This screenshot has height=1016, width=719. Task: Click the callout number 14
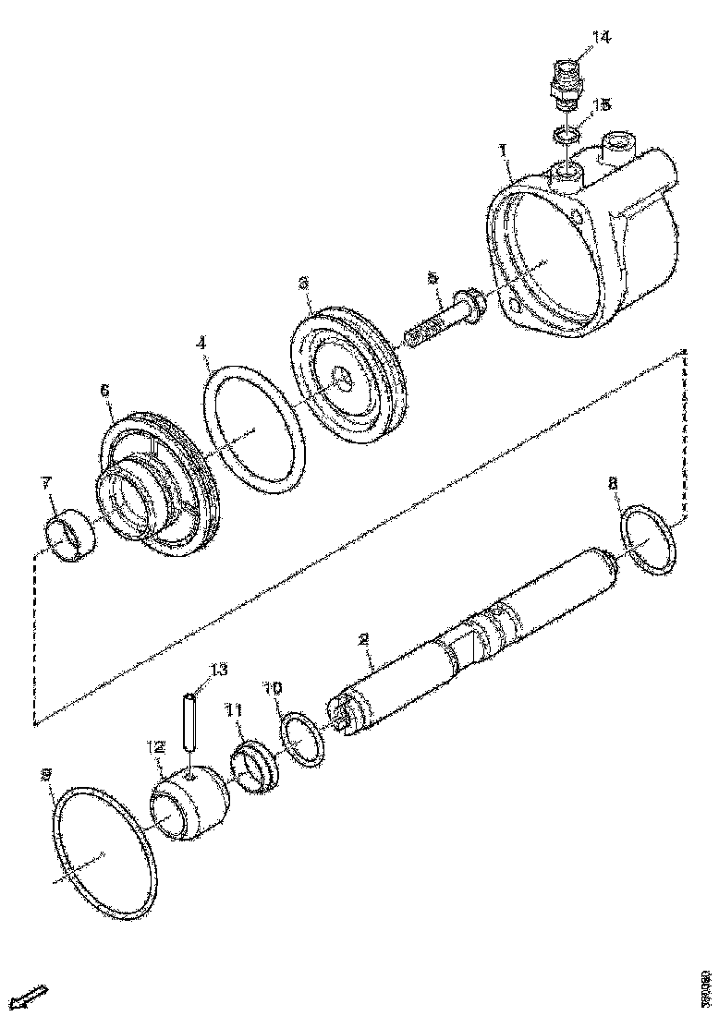(601, 37)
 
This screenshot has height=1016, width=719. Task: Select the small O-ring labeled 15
(567, 136)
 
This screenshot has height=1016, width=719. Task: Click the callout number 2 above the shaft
(363, 638)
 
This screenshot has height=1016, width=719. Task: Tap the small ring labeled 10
(301, 739)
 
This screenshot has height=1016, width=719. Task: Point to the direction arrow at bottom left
(33, 996)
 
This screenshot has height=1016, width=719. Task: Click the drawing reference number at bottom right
(706, 988)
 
